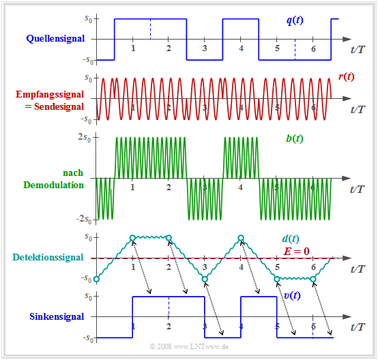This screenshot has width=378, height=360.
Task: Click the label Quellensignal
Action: pos(55,39)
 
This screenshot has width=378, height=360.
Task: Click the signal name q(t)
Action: pos(295,20)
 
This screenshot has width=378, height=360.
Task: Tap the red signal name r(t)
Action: pos(345,76)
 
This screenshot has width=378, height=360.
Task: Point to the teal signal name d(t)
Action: pos(289,239)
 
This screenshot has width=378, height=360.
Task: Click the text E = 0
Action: pos(297,251)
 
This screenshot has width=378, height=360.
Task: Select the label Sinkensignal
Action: pos(57,316)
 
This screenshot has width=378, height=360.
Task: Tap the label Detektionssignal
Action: pos(48,258)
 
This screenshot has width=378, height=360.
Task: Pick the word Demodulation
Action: pos(54,185)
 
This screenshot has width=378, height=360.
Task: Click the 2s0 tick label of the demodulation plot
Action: pos(87,136)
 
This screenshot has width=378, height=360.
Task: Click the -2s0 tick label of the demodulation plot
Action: pos(85,220)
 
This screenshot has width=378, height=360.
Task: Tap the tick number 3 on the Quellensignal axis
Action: pos(205,49)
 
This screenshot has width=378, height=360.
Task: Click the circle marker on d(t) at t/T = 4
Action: pos(241,238)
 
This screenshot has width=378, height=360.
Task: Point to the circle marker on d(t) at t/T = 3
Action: pos(205,279)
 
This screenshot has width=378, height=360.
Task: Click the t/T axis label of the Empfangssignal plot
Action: pos(358,109)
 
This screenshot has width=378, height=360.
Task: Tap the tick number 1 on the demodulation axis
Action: pos(132,187)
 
